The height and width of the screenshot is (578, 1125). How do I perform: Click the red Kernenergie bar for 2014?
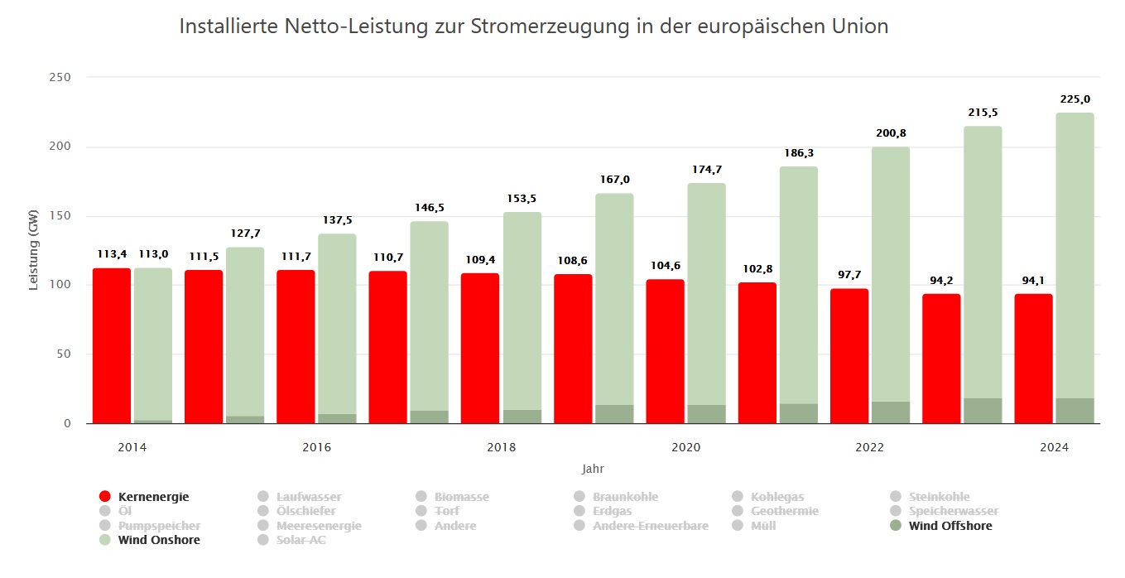111,345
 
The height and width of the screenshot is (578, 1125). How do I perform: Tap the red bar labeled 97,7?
849,355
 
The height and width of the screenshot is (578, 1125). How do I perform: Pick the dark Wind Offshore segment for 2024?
1075,411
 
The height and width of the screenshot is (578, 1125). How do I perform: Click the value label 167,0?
613,180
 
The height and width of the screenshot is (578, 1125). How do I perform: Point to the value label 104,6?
665,266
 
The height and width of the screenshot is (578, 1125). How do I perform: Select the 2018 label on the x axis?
501,447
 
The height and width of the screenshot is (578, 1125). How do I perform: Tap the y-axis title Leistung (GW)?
34,251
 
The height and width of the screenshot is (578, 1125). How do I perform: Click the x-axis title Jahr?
593,469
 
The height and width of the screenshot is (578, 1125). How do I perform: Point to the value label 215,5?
983,113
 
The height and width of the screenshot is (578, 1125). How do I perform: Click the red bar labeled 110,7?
387,347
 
